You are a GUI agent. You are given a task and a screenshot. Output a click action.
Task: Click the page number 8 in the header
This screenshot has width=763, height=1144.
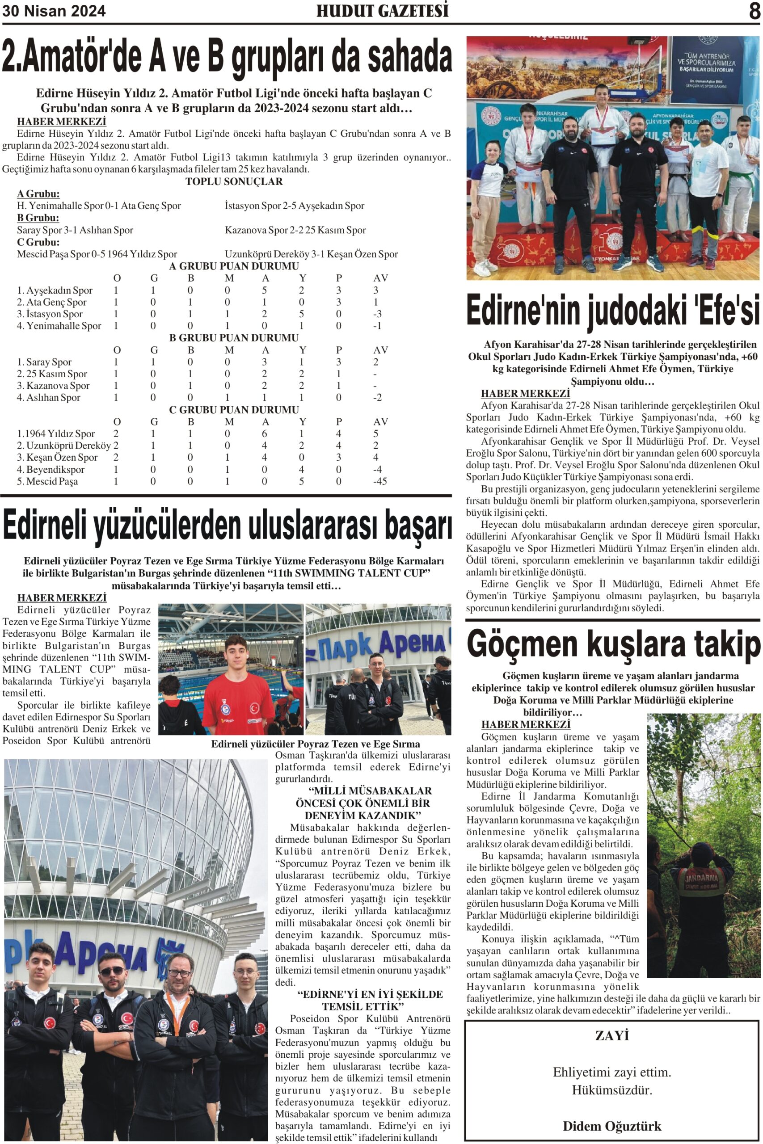point(754,11)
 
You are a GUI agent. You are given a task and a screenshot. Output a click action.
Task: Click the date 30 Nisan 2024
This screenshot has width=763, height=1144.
point(54,11)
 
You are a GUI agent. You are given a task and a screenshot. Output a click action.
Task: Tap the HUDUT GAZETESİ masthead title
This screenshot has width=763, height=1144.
point(382,11)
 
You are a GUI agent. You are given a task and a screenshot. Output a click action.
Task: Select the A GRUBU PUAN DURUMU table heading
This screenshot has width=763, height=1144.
point(234,266)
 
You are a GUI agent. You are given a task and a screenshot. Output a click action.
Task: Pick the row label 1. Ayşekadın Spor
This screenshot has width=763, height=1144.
point(55,290)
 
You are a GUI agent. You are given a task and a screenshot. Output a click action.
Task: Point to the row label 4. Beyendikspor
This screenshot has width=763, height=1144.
point(51,469)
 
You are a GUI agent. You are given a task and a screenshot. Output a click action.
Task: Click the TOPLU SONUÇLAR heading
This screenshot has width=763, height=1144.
point(234,181)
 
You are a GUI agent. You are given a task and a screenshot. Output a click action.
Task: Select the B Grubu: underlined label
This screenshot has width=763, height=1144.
point(38,218)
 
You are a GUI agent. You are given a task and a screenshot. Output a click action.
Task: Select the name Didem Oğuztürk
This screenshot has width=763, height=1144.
point(611,1126)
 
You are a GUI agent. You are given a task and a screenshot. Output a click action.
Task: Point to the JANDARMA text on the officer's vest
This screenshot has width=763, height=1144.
point(701,878)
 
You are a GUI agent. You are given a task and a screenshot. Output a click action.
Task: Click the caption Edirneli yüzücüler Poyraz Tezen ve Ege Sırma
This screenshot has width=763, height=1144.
point(315,744)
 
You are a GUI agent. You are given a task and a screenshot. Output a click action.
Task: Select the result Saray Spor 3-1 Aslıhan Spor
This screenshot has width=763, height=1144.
point(75,230)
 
